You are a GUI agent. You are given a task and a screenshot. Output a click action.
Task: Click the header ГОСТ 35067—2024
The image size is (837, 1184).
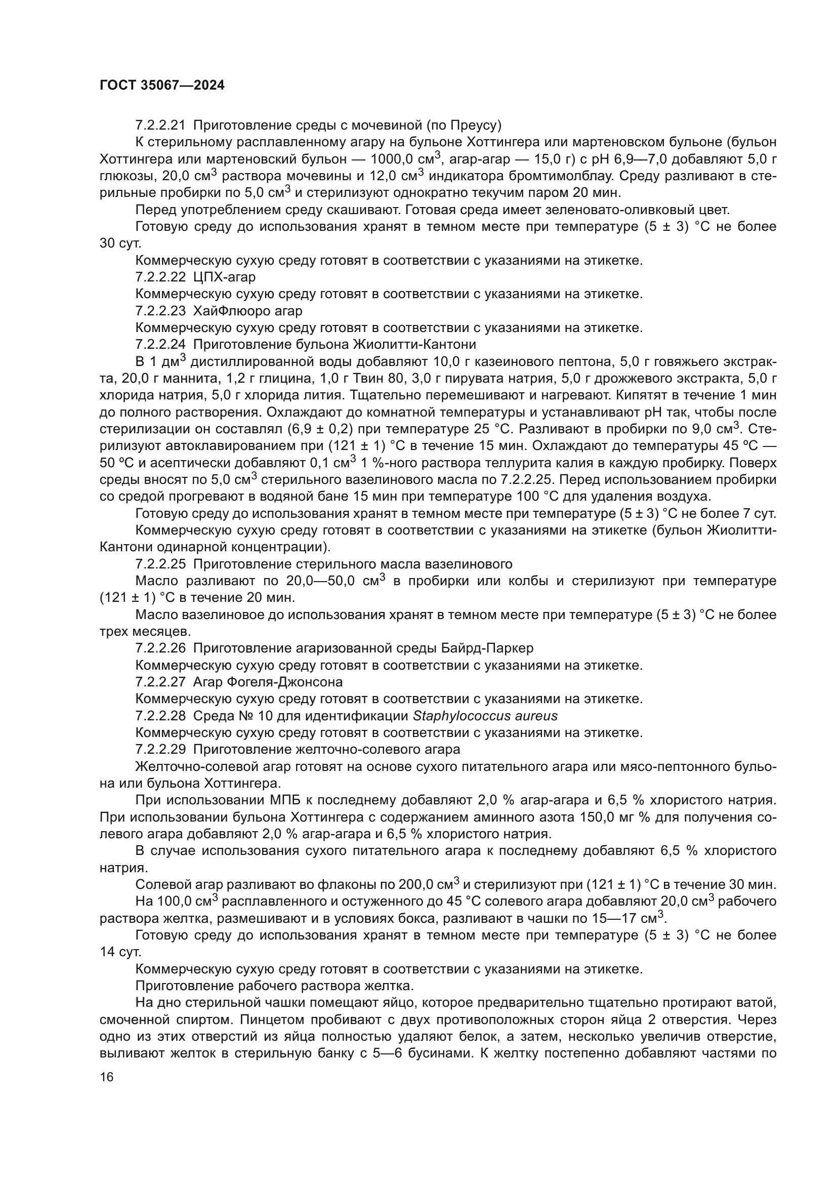coord(162,86)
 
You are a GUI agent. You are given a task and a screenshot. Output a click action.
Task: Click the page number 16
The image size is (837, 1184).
coord(107,1077)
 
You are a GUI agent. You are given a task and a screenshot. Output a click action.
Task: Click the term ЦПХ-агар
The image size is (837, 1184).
coord(224,277)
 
